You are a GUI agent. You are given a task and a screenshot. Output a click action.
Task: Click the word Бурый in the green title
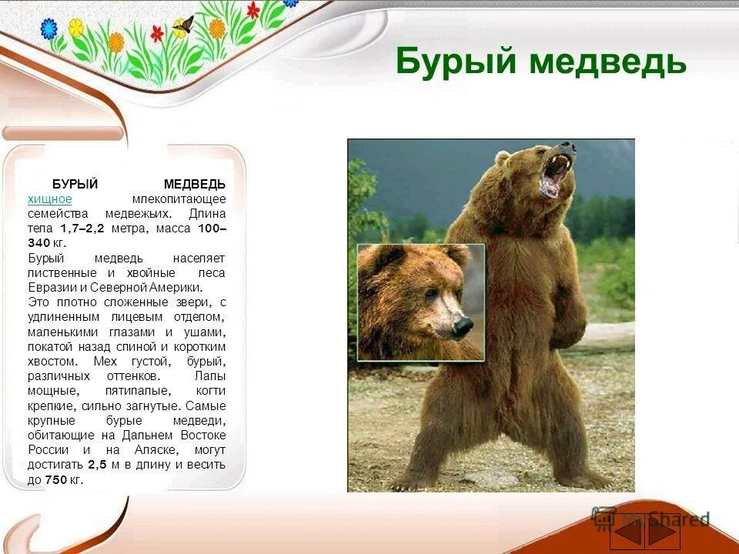[x=456, y=62]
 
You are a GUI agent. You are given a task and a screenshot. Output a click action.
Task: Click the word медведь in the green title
[x=607, y=62]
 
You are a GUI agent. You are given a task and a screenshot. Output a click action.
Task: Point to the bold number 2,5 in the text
[x=96, y=466]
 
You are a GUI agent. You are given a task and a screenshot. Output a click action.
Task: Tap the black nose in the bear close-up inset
[x=462, y=327]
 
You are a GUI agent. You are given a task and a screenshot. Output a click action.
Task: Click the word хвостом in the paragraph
[x=52, y=361]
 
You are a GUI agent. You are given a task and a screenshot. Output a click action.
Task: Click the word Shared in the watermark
[x=677, y=519]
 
